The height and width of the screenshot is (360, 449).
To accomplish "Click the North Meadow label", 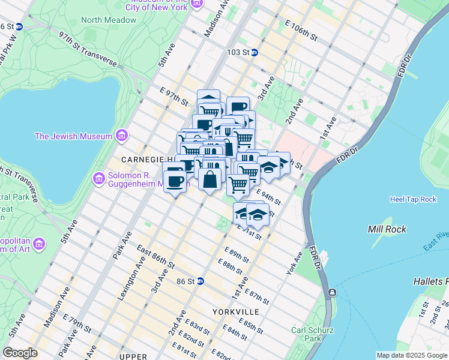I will coord(109,20).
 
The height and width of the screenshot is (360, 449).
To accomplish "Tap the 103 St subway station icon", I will coord(254,53).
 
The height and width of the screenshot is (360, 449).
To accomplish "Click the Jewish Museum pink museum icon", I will coord(122,136).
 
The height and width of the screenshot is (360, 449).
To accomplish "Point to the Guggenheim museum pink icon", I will coord(99,178).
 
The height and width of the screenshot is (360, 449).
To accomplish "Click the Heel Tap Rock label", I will coord(413,199).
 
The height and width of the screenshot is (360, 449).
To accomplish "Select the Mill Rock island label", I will coord(387,229).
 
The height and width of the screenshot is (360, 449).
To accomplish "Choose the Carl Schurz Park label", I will coord(310,334).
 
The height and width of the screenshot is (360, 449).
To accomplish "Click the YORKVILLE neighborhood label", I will coord(235,312).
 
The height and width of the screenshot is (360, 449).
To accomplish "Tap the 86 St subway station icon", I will coord(201,281).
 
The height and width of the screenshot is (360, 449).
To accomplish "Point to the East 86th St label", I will coord(155,256).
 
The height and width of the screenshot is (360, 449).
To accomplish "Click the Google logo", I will coord(20,353).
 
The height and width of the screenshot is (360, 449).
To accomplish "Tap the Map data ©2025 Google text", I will coord(411,355).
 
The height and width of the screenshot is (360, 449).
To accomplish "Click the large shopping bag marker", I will coord(211,179).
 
